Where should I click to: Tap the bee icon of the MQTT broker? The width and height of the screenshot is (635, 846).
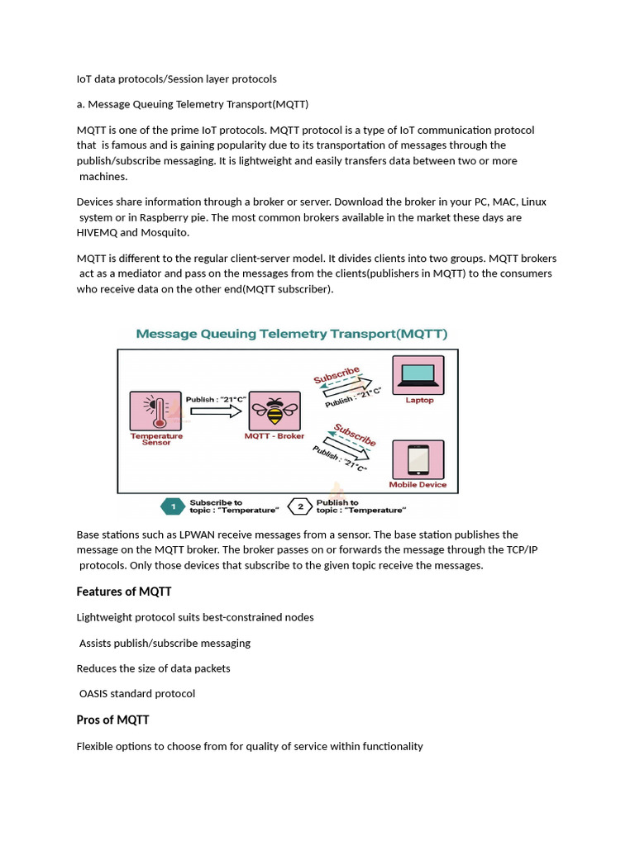275,411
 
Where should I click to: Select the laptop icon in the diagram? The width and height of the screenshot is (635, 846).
418,375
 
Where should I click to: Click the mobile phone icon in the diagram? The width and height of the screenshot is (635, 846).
418,459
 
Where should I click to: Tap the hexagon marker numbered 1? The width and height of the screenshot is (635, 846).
172,506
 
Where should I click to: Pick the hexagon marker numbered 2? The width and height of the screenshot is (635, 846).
300,506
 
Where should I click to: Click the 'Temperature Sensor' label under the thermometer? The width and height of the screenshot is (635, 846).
156,439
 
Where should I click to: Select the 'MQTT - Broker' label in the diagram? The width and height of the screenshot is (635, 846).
275,435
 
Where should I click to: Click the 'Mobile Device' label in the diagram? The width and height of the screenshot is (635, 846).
418,485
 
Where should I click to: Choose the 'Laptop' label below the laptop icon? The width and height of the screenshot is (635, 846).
418,401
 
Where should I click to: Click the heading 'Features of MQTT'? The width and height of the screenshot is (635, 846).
124,592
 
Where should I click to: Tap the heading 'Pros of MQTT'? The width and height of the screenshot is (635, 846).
112,720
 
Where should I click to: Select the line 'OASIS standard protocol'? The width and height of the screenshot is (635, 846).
137,693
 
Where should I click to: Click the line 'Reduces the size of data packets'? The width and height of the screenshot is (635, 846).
153,668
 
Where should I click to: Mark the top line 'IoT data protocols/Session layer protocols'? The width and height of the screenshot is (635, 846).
176,79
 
